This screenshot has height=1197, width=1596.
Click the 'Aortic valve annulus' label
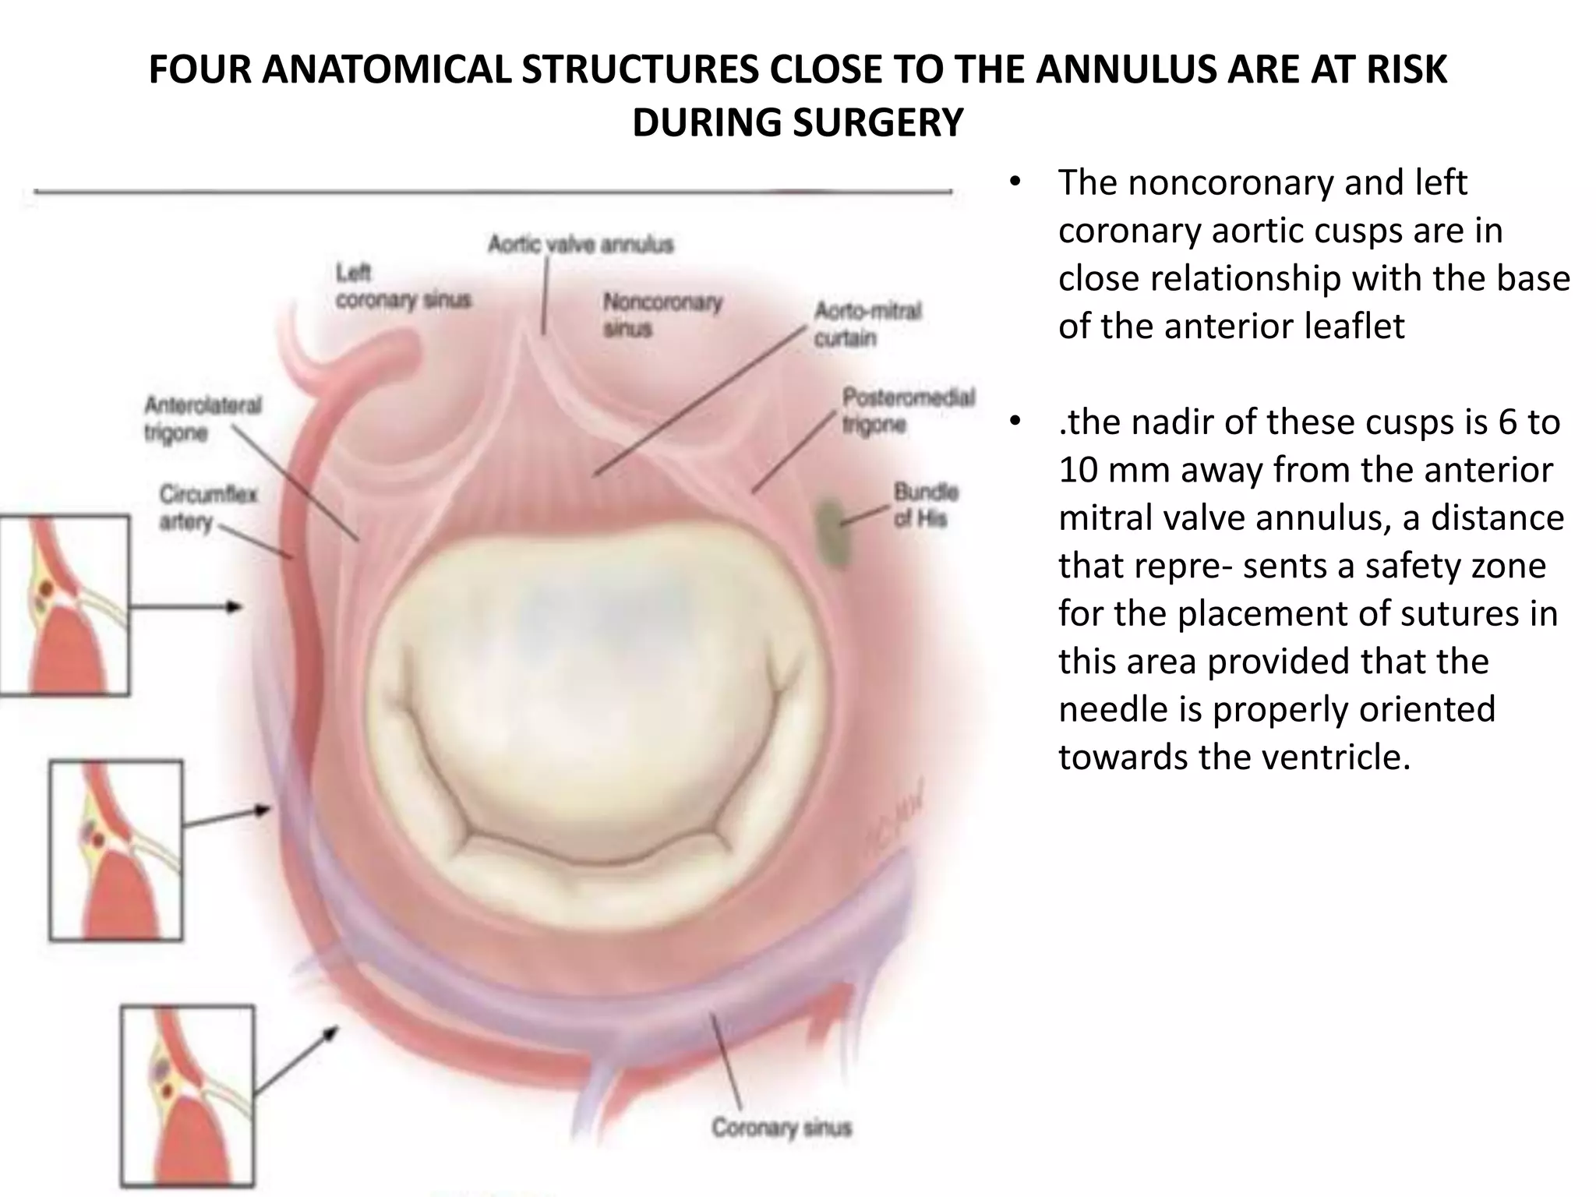pos(581,245)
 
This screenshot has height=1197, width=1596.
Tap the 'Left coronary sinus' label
pos(403,287)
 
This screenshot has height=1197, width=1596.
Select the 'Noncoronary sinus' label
pos(662,314)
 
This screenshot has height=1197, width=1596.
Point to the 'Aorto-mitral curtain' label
pos(867,324)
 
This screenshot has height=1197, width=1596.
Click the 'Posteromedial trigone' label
pos(908,411)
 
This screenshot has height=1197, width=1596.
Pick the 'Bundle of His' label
pos(926,504)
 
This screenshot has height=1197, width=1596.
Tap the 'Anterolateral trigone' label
pos(203,418)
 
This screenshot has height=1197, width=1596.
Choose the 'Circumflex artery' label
pos(207,507)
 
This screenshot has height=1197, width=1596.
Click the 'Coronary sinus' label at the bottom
pos(781,1128)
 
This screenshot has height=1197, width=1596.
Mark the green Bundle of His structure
pos(832,532)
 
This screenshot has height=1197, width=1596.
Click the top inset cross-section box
pos(64,605)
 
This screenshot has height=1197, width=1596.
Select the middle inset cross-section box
pos(116,850)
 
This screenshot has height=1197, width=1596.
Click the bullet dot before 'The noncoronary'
pos(1013,184)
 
